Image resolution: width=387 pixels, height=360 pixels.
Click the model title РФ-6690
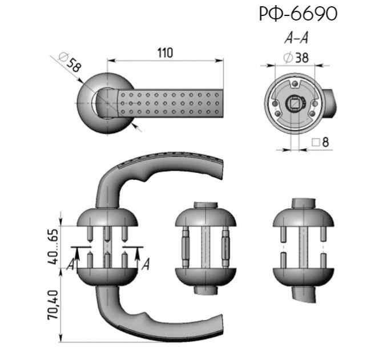(x=298, y=14)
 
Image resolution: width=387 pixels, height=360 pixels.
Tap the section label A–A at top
(x=296, y=38)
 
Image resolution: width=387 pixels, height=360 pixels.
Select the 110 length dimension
(x=165, y=53)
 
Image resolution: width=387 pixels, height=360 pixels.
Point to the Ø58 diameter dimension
(x=70, y=62)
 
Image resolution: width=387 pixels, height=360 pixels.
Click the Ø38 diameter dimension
(x=296, y=58)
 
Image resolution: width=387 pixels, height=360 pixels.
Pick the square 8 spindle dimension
(x=320, y=142)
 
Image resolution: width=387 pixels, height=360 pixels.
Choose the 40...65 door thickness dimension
(x=53, y=246)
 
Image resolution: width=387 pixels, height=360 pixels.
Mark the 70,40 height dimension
(x=53, y=305)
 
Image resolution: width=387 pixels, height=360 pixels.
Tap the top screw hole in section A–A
(x=295, y=84)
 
